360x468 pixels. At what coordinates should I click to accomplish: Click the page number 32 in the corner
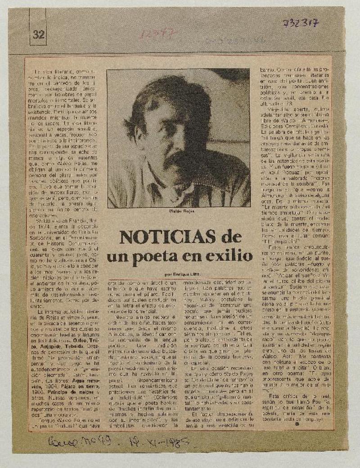(x=38, y=35)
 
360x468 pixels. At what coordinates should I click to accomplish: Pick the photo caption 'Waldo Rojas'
(x=178, y=211)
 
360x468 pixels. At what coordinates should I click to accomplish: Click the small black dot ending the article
(x=297, y=423)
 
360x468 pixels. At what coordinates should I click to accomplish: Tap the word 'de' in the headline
(x=231, y=237)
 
